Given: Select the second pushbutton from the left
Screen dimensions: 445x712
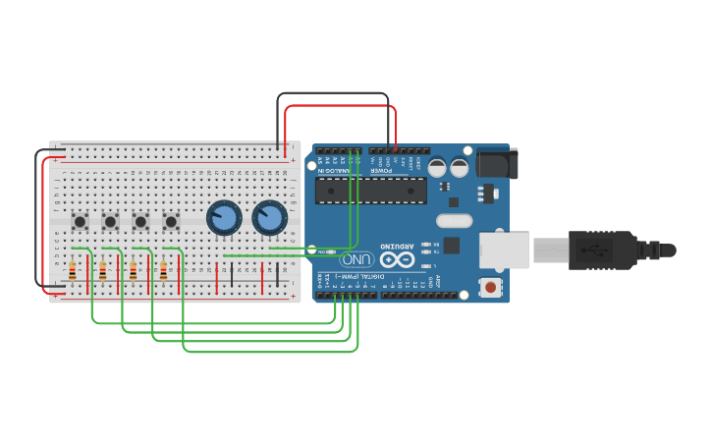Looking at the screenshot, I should [x=111, y=222].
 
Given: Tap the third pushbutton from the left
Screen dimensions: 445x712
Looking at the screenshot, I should [x=141, y=222].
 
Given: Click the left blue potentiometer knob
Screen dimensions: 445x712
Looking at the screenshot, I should [x=224, y=217].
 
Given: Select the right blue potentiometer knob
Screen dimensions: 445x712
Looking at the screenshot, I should [x=269, y=217].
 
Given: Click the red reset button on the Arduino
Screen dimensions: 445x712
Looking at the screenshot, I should [x=489, y=288].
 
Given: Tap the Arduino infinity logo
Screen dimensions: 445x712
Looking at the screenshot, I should [x=397, y=260].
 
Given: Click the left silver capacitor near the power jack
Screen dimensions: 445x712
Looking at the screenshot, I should [x=437, y=168].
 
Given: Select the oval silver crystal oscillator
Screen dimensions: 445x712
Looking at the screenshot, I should [x=454, y=221].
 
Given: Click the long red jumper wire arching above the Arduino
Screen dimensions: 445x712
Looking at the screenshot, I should [x=340, y=106].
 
